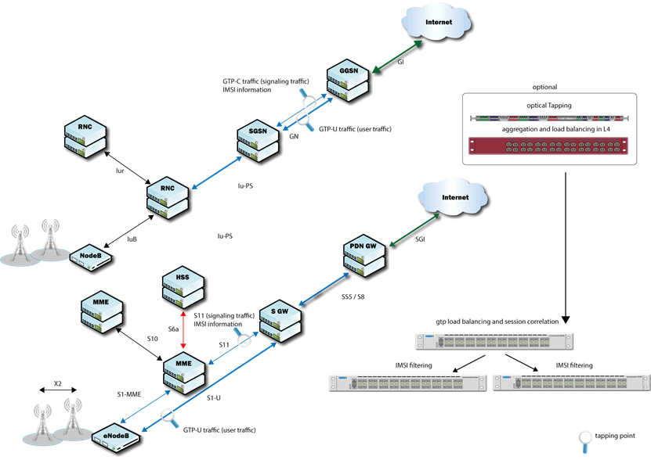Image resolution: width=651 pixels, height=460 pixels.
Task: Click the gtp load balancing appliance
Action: coord(494,341)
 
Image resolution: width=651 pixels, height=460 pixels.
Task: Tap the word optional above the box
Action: coord(545,86)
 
